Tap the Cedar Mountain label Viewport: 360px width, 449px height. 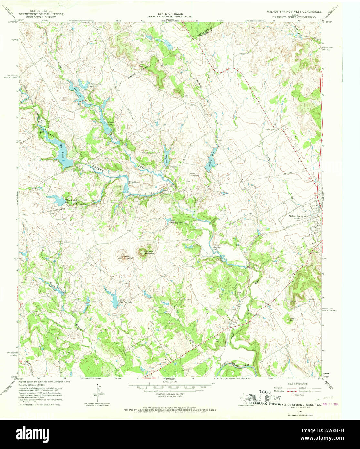[x=129, y=257]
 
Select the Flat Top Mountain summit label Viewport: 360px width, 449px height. [x=149, y=252]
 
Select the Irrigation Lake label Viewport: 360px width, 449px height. [x=133, y=183]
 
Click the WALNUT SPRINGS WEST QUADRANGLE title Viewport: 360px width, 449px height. [x=294, y=11]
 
